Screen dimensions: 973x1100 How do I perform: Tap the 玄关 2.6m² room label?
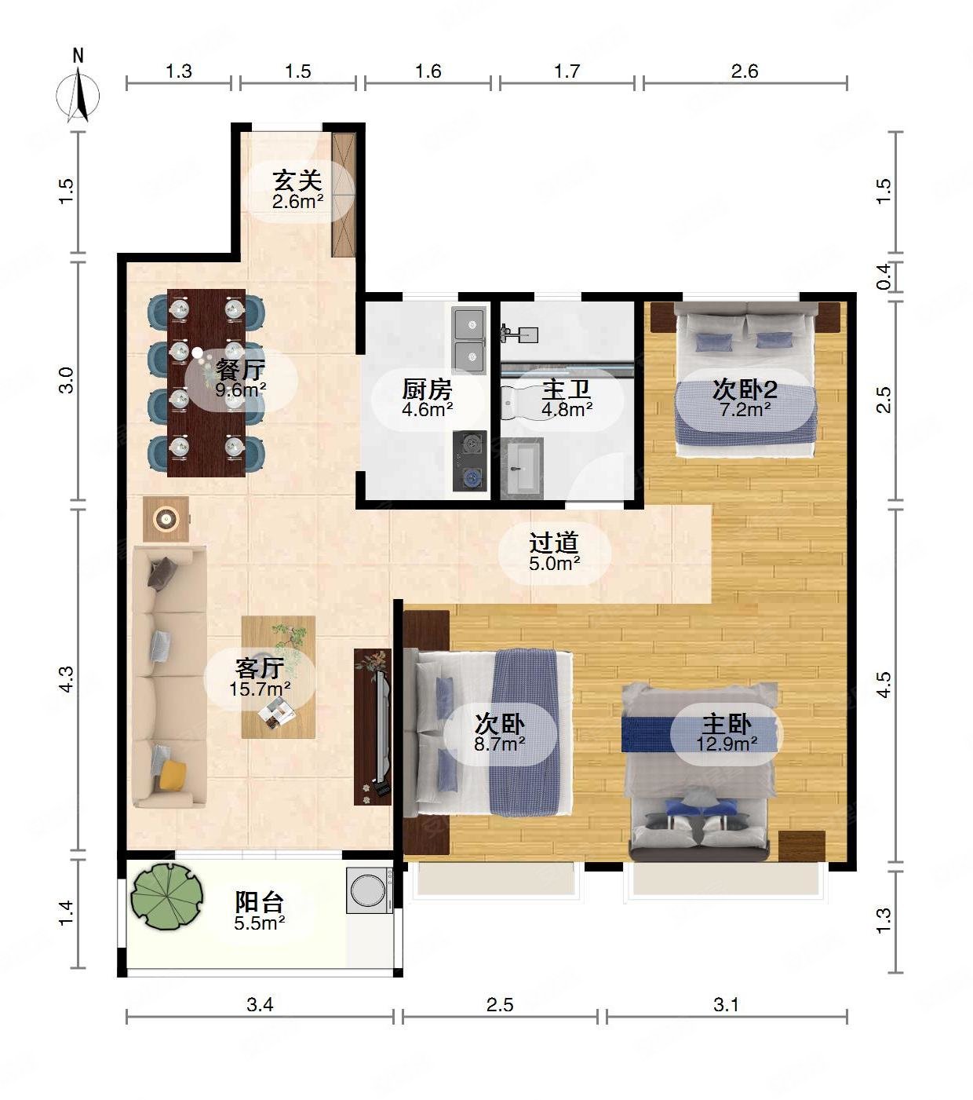[x=298, y=190]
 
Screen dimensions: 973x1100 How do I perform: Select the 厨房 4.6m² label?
[x=427, y=398]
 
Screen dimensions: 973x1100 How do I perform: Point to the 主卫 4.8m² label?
[x=567, y=398]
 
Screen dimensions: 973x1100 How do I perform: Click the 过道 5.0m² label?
[x=554, y=552]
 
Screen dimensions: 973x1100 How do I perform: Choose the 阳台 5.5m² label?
[x=260, y=912]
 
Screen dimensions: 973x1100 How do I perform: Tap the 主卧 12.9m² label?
[x=727, y=733]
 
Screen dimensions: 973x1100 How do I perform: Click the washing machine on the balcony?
[x=370, y=890]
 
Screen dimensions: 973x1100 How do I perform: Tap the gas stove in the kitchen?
[x=470, y=461]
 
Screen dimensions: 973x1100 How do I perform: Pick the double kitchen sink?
[x=469, y=341]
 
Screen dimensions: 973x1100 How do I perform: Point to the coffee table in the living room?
[x=279, y=677]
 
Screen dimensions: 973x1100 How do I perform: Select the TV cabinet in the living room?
[x=373, y=727]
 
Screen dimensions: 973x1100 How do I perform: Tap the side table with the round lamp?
[x=166, y=519]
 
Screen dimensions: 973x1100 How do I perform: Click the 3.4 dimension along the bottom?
[x=260, y=1004]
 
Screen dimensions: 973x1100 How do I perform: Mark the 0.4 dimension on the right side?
[x=884, y=277]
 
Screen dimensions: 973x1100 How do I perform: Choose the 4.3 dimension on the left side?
[x=66, y=678]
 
